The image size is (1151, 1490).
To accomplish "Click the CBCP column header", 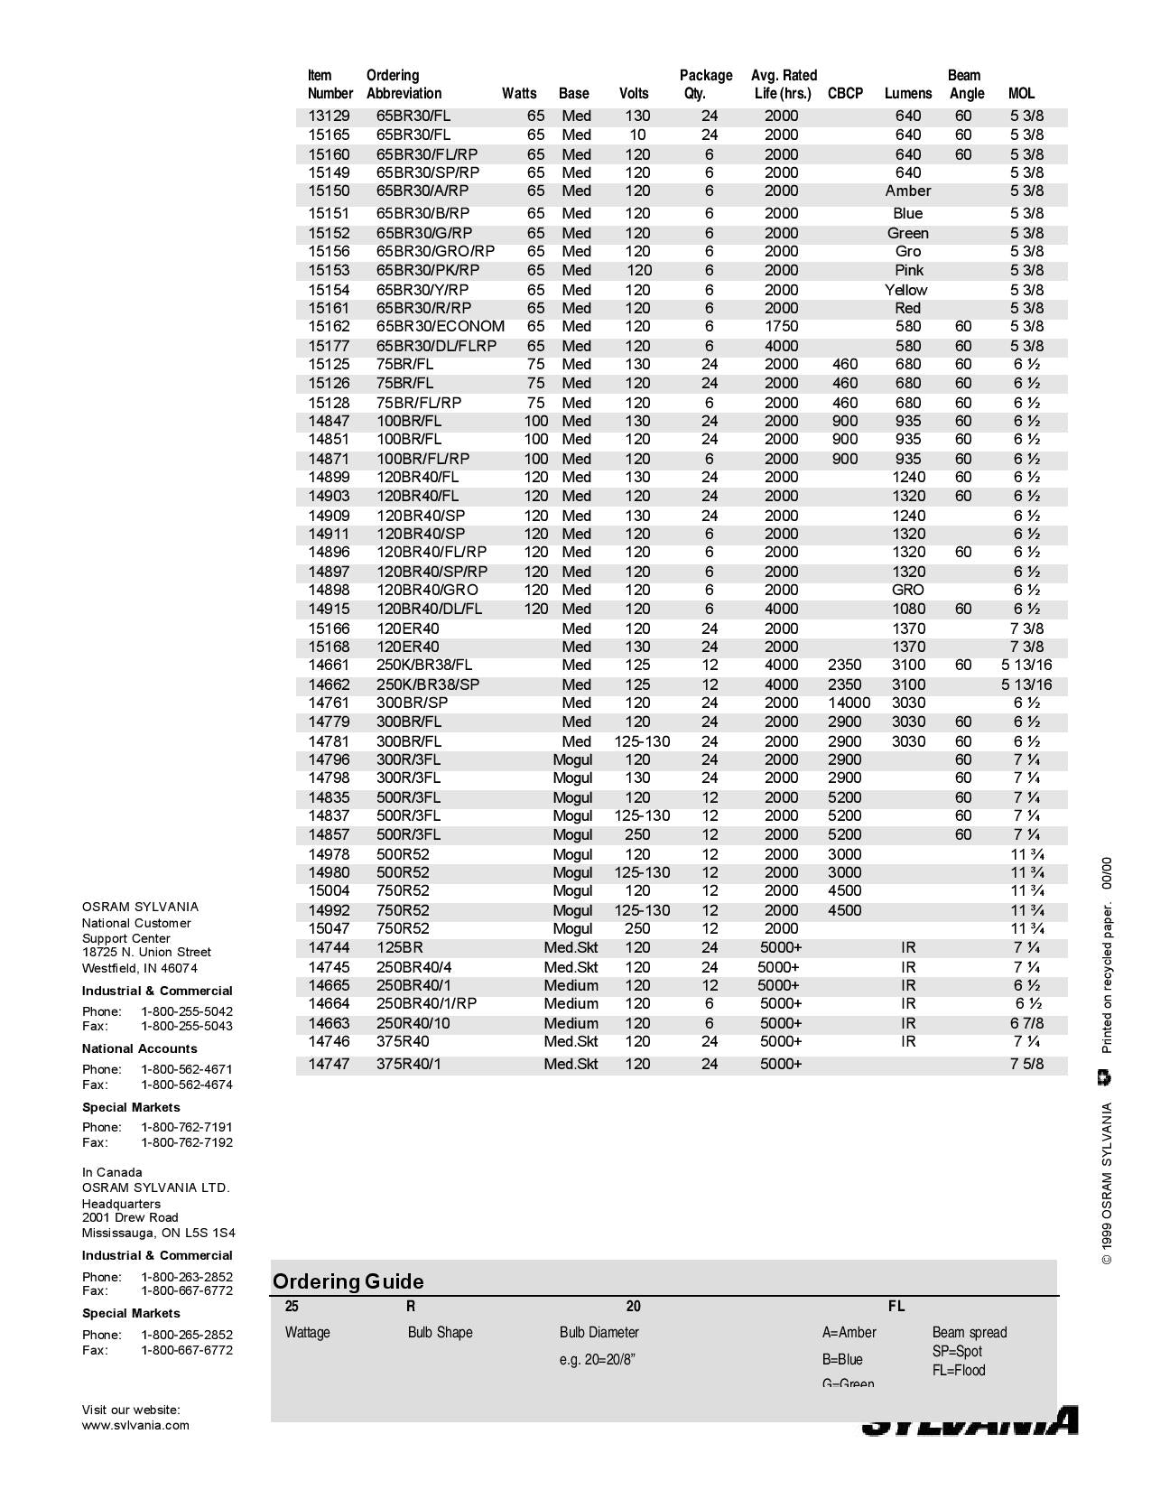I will point(845,93).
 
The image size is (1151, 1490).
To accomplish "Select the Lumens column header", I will point(907,93).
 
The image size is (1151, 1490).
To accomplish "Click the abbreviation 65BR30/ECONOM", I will point(440,326).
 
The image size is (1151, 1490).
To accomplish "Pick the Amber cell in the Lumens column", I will point(907,191).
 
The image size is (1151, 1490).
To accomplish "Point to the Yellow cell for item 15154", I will point(905,290).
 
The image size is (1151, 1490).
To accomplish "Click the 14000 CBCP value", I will point(849,703).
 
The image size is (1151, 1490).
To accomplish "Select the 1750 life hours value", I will point(781,326).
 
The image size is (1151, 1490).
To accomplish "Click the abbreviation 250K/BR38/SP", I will point(427,684).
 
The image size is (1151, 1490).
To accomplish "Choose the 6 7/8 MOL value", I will point(1026,1023).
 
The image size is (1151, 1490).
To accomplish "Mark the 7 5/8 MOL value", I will point(1026,1064).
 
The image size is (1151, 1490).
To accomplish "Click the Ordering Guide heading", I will point(348,1281).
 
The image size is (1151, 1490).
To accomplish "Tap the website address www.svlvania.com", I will point(135,1425).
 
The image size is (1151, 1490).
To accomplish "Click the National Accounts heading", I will point(139,1048).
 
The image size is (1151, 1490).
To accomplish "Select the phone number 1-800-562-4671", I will point(186,1069).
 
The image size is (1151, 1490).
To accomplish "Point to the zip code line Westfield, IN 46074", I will point(139,968).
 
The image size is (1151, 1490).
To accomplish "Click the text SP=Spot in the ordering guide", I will point(957,1351).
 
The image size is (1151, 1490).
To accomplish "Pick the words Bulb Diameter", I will point(599,1332).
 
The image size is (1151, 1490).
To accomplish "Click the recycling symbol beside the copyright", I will point(1105,1077).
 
